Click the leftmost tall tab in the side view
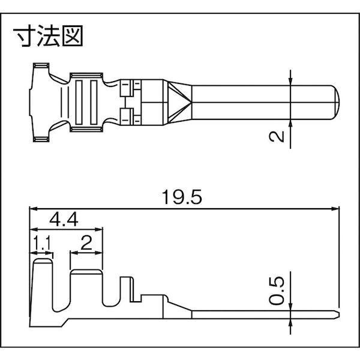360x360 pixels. (42, 282)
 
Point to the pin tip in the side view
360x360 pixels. (337, 313)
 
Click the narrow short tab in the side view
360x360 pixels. (126, 291)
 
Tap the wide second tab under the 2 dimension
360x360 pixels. (86, 288)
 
